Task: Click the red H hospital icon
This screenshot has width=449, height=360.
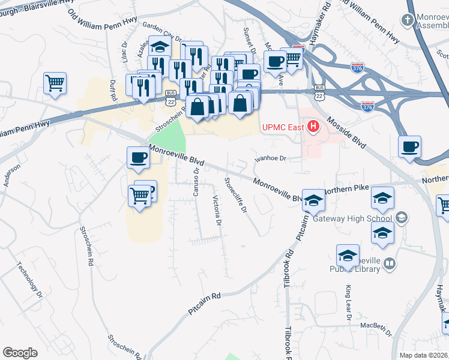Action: coord(313,127)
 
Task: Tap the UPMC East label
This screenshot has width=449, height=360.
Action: coord(283,127)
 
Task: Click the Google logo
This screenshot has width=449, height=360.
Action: coord(20,353)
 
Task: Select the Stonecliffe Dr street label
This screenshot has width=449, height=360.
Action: coord(235,195)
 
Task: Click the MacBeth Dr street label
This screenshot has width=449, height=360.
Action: coord(376,328)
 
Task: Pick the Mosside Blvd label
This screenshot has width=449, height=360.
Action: coord(346,133)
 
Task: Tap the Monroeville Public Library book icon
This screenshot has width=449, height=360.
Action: coord(390,263)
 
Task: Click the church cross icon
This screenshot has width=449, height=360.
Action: coord(408,20)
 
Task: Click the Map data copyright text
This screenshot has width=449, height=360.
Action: coord(424,355)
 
